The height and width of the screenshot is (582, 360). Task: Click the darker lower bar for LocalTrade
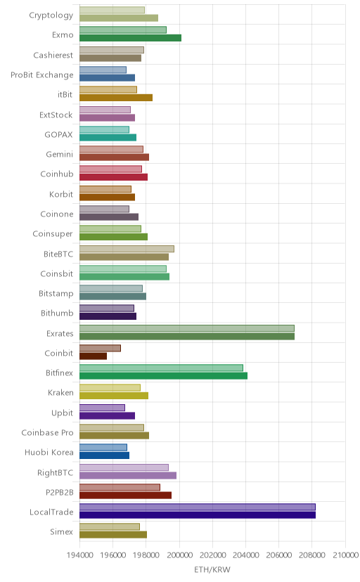pyautogui.click(x=198, y=515)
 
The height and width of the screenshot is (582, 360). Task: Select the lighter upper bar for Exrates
pyautogui.click(x=187, y=328)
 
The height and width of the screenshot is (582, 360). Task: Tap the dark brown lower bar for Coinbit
pyautogui.click(x=93, y=356)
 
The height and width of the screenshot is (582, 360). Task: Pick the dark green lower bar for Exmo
pyautogui.click(x=130, y=38)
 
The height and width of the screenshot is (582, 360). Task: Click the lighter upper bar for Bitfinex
pyautogui.click(x=161, y=368)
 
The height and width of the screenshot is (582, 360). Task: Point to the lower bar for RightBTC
pyautogui.click(x=128, y=475)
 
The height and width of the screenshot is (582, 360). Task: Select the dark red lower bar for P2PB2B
pyautogui.click(x=125, y=495)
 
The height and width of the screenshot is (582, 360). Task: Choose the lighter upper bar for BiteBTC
pyautogui.click(x=127, y=249)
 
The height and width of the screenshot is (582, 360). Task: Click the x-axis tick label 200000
pyautogui.click(x=179, y=555)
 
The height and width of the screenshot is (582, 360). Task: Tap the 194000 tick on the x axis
pyautogui.click(x=79, y=555)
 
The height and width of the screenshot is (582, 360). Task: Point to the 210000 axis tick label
pyautogui.click(x=345, y=555)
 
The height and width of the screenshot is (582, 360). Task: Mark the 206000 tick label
pyautogui.click(x=278, y=555)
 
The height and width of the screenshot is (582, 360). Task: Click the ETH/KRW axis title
pyautogui.click(x=212, y=570)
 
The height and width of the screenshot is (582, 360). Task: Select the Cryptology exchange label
pyautogui.click(x=51, y=15)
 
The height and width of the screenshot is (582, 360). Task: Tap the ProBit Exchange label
pyautogui.click(x=42, y=75)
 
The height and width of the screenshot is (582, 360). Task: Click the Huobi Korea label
pyautogui.click(x=49, y=453)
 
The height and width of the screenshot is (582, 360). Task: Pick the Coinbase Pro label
pyautogui.click(x=48, y=433)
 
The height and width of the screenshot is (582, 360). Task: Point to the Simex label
pyautogui.click(x=62, y=532)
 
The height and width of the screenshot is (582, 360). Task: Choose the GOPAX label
pyautogui.click(x=58, y=135)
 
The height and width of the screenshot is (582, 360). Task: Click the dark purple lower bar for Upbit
pyautogui.click(x=108, y=415)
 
